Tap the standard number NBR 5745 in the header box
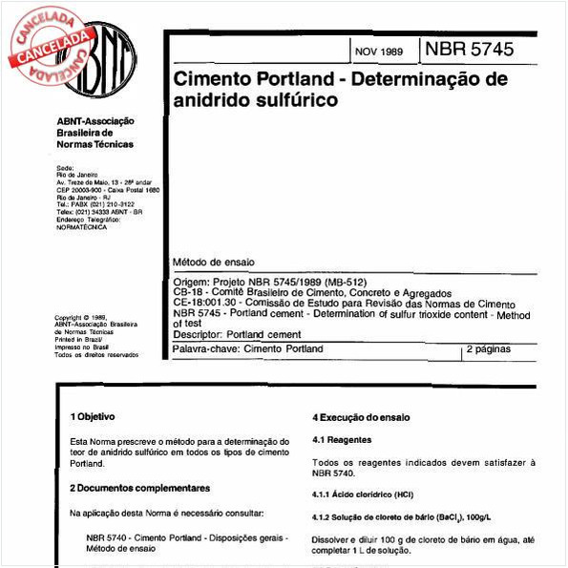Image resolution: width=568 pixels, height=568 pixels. tap(469, 49)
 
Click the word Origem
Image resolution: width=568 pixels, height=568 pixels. tap(191, 283)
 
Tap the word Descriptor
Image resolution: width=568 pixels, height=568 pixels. tap(196, 334)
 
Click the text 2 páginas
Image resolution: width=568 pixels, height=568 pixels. tap(491, 350)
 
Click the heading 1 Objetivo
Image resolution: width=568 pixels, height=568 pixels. tap(94, 417)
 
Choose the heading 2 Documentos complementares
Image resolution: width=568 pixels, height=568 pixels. tap(140, 488)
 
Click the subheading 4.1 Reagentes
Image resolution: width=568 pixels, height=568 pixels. tap(343, 440)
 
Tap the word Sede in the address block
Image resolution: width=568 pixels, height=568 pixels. tap(66, 167)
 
